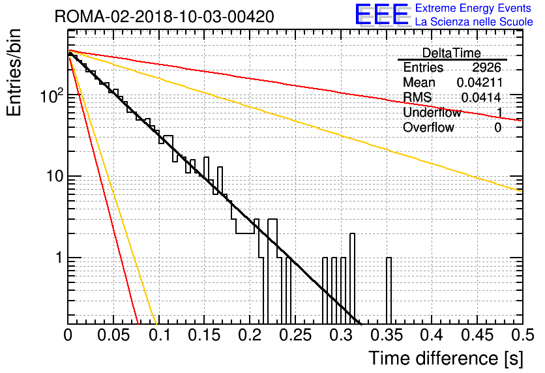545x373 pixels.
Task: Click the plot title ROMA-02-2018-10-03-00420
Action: (x=164, y=16)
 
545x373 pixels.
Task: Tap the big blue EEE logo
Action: (x=382, y=14)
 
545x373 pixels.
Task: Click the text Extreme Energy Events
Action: (x=473, y=8)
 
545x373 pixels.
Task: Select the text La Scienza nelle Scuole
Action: (x=474, y=22)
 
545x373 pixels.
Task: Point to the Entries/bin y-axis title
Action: (x=14, y=72)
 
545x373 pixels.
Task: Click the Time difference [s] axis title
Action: (x=446, y=359)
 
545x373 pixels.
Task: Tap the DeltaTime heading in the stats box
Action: (x=451, y=53)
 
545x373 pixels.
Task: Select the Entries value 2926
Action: (x=486, y=67)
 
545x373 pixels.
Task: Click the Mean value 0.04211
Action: (x=480, y=82)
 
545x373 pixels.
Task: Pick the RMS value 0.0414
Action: (x=481, y=97)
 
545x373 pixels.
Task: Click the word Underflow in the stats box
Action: (x=432, y=112)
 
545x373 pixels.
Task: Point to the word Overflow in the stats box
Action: (x=428, y=127)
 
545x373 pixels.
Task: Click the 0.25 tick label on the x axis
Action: (x=295, y=335)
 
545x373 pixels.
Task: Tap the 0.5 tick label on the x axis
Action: (x=523, y=335)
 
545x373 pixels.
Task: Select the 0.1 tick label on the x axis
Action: (x=159, y=335)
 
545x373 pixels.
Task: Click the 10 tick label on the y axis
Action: (x=55, y=176)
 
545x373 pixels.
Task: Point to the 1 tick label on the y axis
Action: (x=59, y=258)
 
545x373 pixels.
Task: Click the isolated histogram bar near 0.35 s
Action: (x=389, y=291)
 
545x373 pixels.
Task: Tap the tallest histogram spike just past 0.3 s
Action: (x=353, y=278)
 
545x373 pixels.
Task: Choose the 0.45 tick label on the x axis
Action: (x=477, y=335)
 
